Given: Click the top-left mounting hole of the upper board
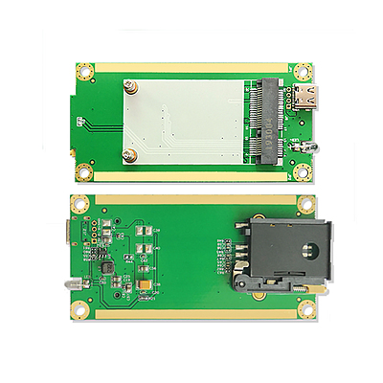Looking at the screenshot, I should click(84, 71).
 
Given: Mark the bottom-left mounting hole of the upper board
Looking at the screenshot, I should click(84, 172).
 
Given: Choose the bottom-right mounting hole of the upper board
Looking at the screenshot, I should click(304, 171).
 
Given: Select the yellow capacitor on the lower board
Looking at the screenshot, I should click(144, 285).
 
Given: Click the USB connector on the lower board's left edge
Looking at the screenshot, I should click(69, 232).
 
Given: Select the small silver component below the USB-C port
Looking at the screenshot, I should click(309, 146).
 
